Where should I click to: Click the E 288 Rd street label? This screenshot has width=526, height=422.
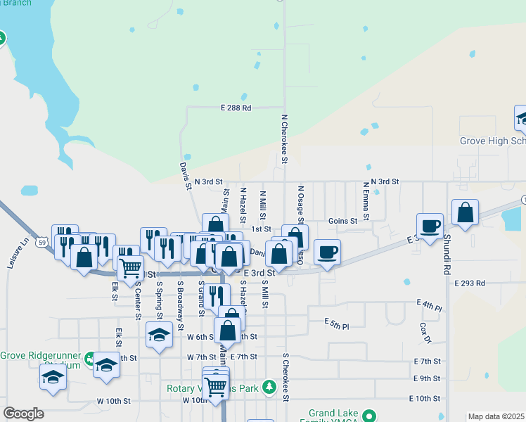(x=236, y=108)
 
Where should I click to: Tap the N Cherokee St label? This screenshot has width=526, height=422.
(x=284, y=139)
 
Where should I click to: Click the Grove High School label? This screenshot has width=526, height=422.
(x=492, y=141)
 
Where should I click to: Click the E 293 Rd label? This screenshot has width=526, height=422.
(x=470, y=283)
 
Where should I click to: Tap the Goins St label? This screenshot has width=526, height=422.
(x=343, y=220)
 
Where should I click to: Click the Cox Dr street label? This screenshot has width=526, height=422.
(x=424, y=333)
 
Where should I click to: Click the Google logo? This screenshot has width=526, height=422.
(x=23, y=414)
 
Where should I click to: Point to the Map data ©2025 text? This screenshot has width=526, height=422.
(x=496, y=416)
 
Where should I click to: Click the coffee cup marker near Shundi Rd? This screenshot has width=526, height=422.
(x=430, y=226)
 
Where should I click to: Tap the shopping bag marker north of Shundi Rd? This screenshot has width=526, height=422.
(x=465, y=212)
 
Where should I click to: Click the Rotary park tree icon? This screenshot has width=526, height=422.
(x=268, y=387)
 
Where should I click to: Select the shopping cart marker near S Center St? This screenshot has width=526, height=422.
(x=130, y=267)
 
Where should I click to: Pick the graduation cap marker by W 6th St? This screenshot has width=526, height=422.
(x=160, y=334)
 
